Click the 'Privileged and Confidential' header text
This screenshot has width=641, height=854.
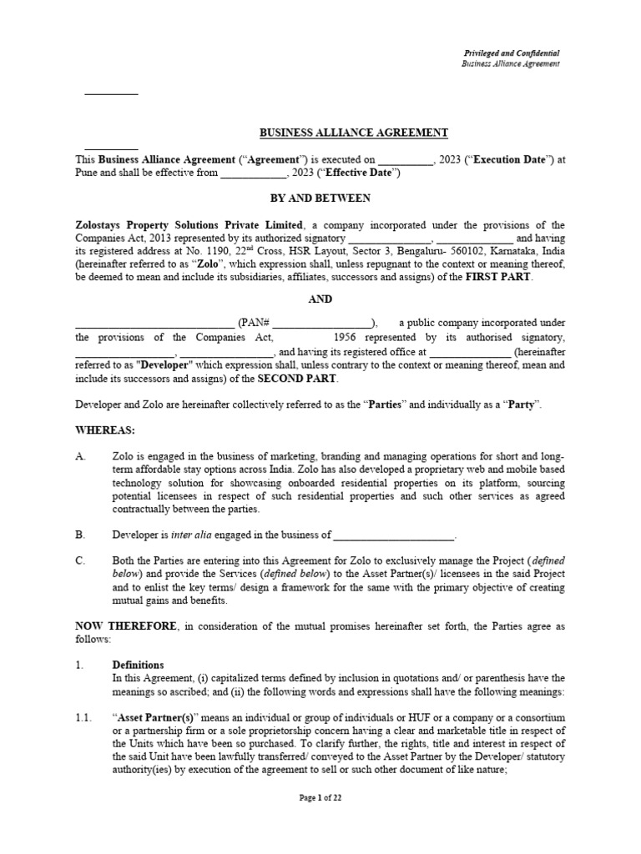coord(510,53)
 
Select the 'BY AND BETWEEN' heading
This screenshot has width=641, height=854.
coord(320,198)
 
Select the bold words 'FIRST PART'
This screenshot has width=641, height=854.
coord(497,277)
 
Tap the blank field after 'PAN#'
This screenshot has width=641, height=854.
coord(322,324)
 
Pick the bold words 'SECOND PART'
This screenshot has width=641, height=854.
coord(297,378)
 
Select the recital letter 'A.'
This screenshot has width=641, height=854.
coord(81,457)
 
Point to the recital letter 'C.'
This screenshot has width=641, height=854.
coord(81,561)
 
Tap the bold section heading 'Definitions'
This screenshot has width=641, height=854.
coord(139,665)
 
